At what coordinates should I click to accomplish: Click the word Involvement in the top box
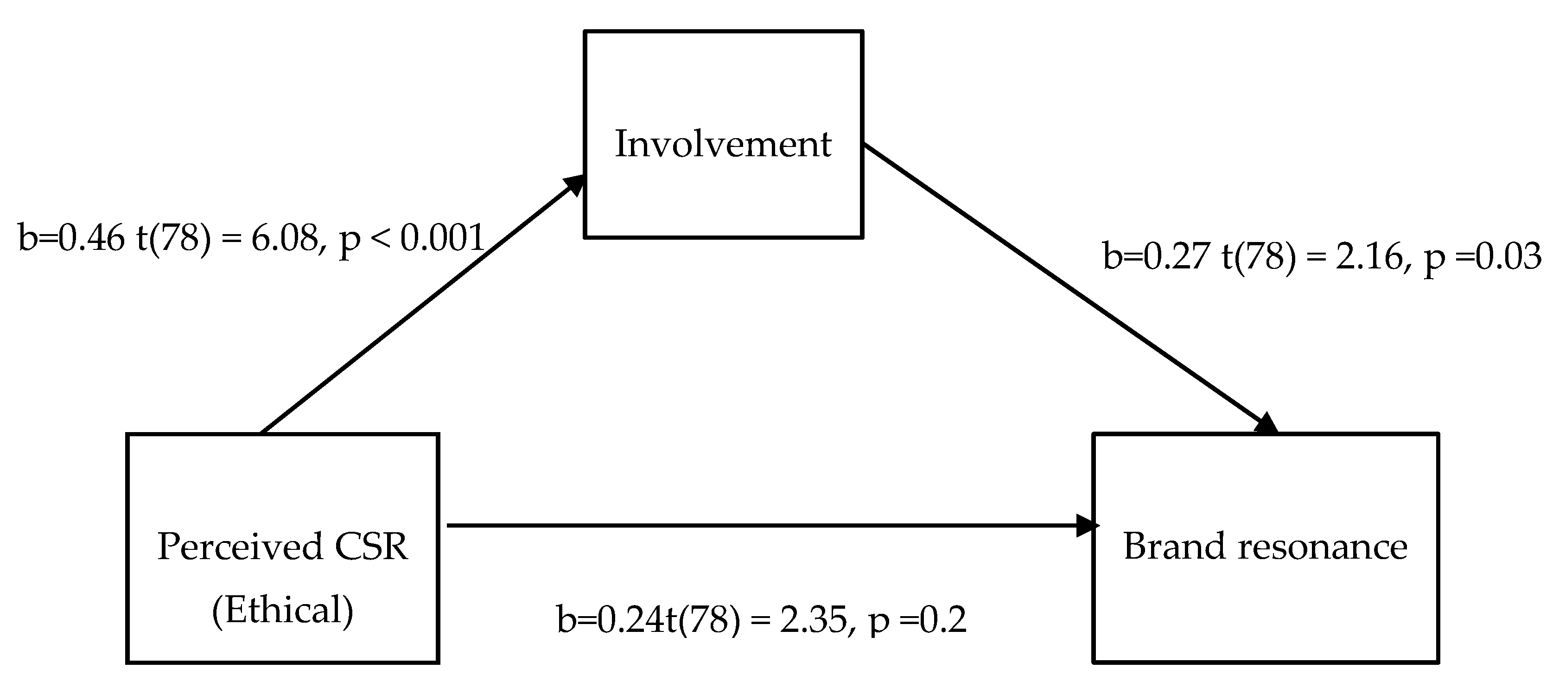723,144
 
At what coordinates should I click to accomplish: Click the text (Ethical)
283,610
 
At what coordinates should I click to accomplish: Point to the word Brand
1174,547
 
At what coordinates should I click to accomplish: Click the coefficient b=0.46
71,238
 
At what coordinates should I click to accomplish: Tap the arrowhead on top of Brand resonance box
1266,424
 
